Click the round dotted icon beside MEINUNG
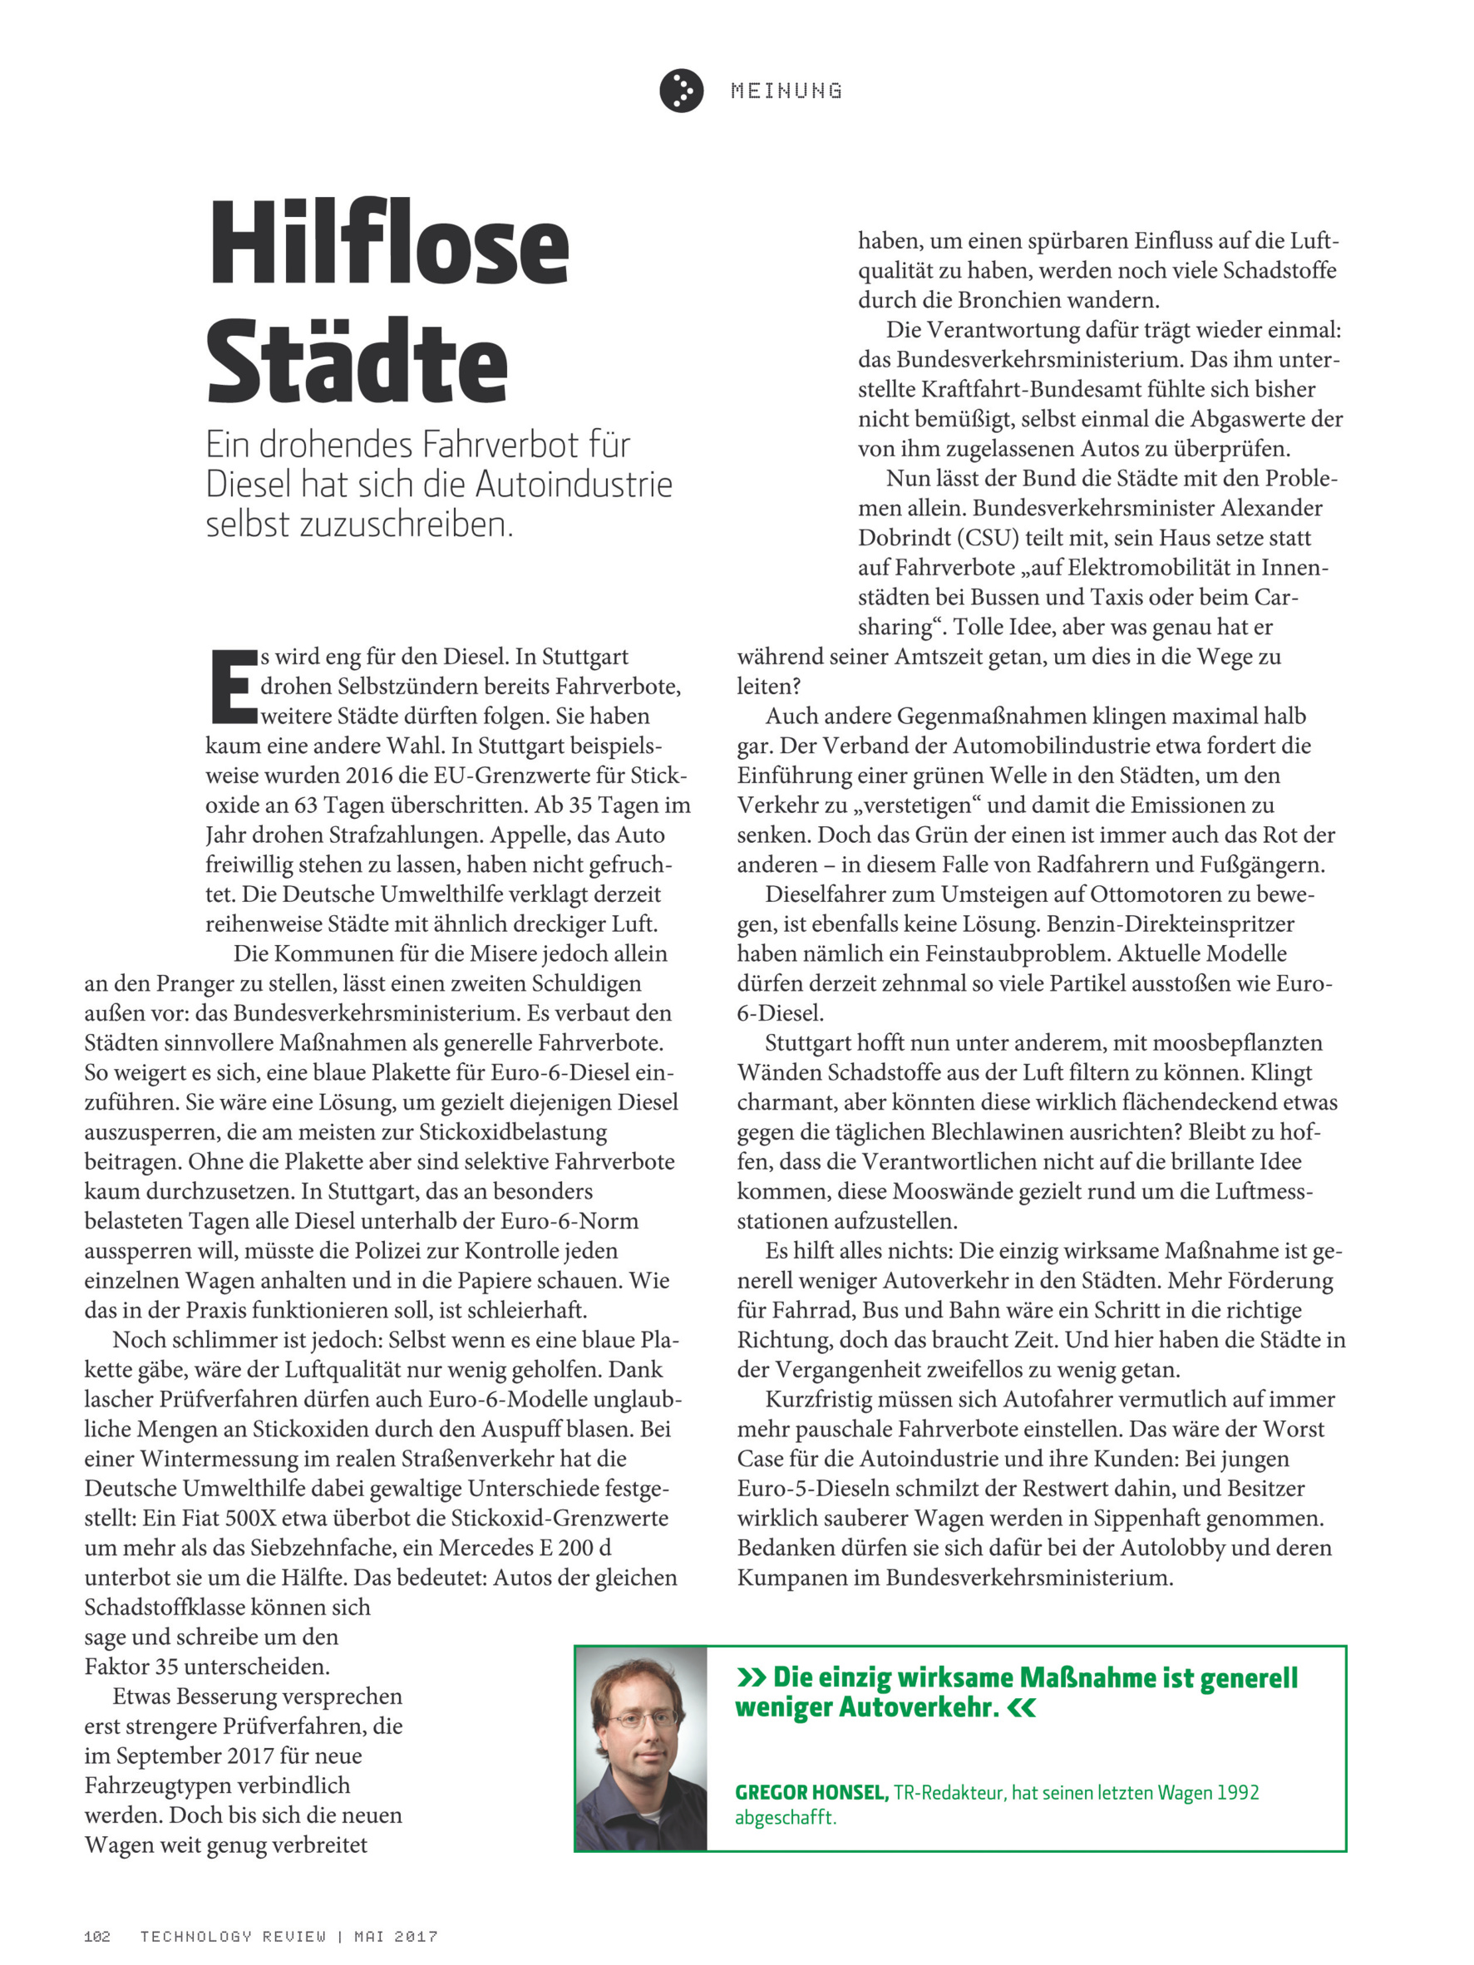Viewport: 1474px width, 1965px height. pyautogui.click(x=681, y=91)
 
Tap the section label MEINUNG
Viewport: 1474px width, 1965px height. pyautogui.click(x=786, y=91)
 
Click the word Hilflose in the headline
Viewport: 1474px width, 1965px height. pyautogui.click(x=388, y=244)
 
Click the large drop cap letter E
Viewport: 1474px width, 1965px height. pyautogui.click(x=232, y=686)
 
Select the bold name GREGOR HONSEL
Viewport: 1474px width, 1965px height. pyautogui.click(x=811, y=1793)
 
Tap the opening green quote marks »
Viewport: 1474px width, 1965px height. pyautogui.click(x=751, y=1677)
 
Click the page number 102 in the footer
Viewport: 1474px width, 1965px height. pyautogui.click(x=96, y=1936)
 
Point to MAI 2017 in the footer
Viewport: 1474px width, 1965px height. pyautogui.click(x=396, y=1936)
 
